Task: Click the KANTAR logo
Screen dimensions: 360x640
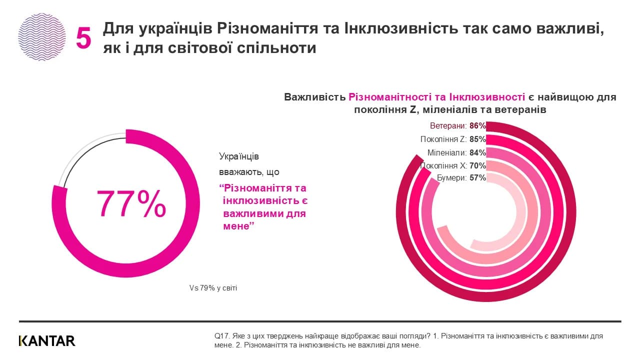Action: coord(47,341)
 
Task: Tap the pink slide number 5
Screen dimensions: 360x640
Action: coord(83,38)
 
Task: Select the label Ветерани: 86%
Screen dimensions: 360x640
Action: coord(458,126)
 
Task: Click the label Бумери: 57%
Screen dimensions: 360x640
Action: coord(461,178)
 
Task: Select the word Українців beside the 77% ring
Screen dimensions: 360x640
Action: coord(239,156)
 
